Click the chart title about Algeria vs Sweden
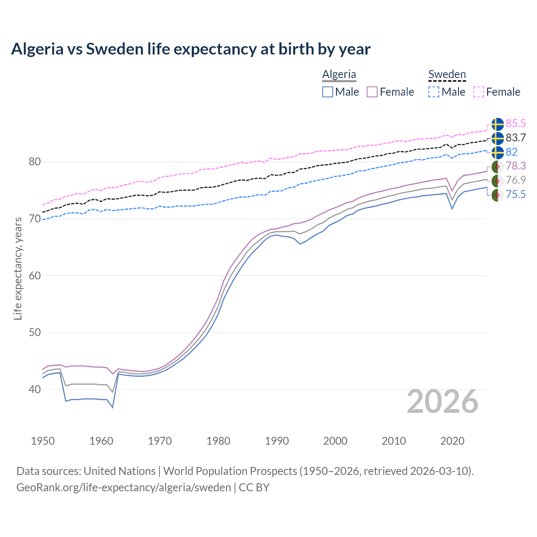(x=191, y=49)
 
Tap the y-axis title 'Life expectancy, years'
(x=18, y=268)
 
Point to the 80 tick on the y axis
(x=34, y=162)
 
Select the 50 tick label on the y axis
(x=34, y=333)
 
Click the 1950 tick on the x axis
(x=43, y=441)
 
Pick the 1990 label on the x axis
(x=277, y=441)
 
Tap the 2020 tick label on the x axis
(x=452, y=441)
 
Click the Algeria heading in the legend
(x=339, y=74)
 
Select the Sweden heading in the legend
(x=447, y=74)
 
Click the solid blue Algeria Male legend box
(x=328, y=92)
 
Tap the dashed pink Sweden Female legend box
(x=479, y=92)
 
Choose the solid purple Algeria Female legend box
(x=373, y=92)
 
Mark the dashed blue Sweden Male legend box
(x=434, y=92)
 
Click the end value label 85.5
(x=516, y=124)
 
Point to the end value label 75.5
(x=516, y=194)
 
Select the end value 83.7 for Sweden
(x=516, y=138)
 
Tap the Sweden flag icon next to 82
(x=498, y=152)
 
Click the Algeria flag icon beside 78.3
(x=498, y=167)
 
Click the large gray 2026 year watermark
(x=443, y=401)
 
